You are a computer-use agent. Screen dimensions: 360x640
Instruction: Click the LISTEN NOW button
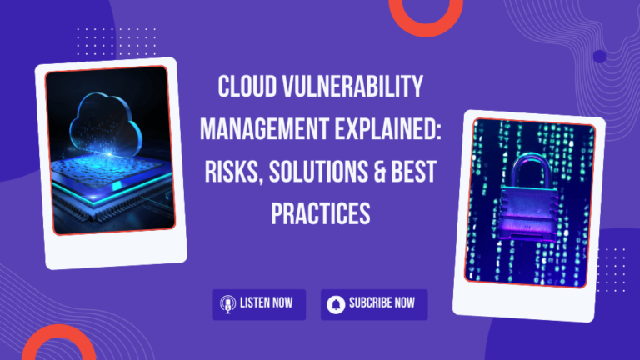(x=258, y=304)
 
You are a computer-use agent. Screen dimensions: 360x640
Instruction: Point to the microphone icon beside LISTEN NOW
(x=226, y=304)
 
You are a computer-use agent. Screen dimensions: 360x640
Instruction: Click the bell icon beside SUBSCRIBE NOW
(x=336, y=304)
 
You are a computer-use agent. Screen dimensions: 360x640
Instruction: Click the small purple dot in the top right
(x=599, y=57)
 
